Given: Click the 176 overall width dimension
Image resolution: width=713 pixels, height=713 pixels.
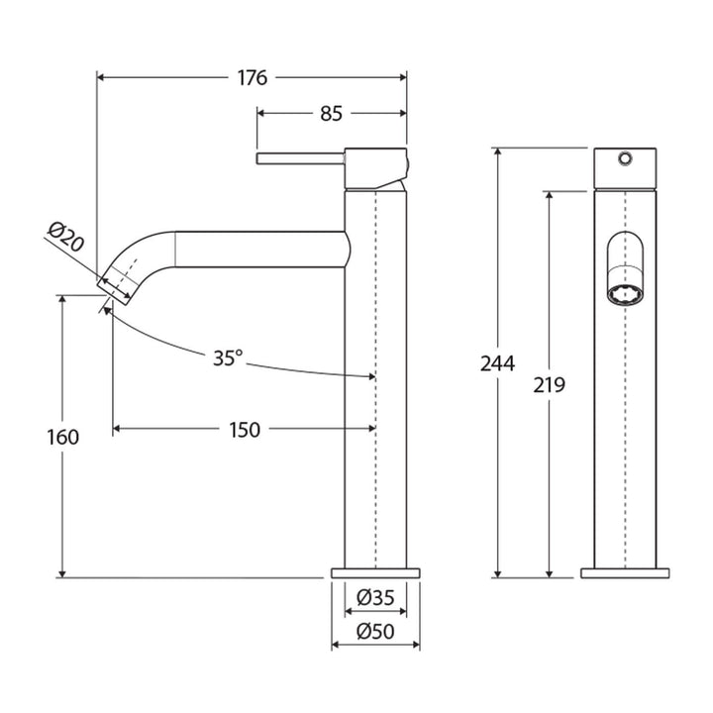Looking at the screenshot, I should (253, 78).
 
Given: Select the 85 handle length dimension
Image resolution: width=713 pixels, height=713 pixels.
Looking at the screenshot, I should (331, 114).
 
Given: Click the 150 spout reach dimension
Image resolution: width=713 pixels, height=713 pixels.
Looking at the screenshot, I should (244, 429).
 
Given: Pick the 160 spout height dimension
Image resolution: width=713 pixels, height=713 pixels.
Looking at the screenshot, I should (62, 436).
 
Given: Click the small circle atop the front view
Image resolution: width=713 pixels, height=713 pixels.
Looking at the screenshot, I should (625, 158).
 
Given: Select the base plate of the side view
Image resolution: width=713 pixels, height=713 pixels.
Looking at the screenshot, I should (374, 572).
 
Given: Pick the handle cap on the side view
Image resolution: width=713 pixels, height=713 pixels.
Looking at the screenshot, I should (375, 165).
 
